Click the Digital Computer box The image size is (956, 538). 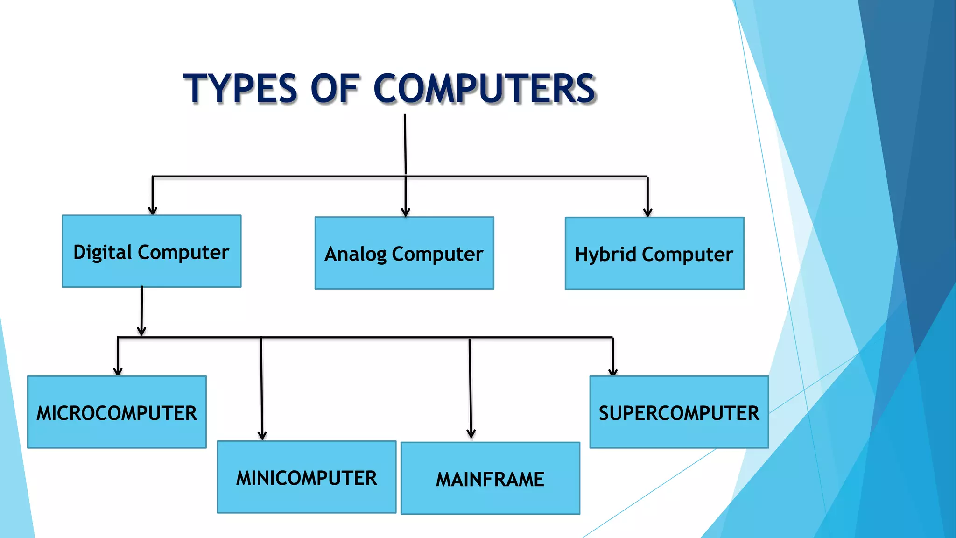coord(152,251)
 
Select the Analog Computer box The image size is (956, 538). coord(404,253)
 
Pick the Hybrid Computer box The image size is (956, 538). coord(654,254)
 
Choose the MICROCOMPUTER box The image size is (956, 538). coord(117,412)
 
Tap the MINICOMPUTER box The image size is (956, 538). coord(307,477)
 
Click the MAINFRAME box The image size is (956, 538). coord(490,479)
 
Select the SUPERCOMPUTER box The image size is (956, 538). coord(679,412)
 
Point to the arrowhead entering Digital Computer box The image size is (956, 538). coord(153,211)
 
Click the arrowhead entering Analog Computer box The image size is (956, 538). coord(406,212)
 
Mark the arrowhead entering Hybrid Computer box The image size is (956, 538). coord(647,212)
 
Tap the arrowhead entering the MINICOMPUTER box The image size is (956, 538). coord(262,436)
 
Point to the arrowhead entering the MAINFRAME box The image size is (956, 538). coord(471,434)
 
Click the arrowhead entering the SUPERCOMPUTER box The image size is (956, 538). coord(613,372)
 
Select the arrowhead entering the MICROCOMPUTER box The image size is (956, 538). coord(118,372)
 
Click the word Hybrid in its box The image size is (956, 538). coord(605,255)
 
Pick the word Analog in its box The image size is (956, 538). coord(355,255)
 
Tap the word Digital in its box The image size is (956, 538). coord(103,252)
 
